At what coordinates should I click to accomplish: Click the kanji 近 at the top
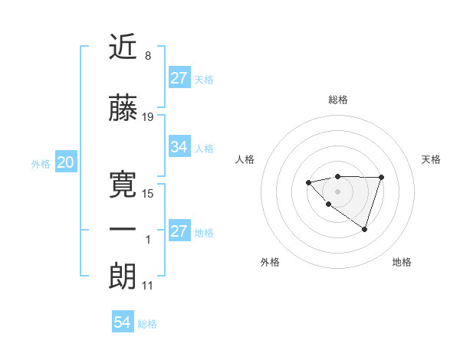[123, 48]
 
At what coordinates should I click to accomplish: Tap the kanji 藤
[123, 109]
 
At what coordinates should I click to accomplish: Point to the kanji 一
[123, 231]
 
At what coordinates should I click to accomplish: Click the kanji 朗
[123, 277]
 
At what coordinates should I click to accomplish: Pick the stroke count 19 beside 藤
[148, 117]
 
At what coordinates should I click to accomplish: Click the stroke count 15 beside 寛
[148, 194]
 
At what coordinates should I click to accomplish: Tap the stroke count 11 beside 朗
[148, 286]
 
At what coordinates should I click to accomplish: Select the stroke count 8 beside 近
[147, 56]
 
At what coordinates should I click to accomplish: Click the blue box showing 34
[179, 147]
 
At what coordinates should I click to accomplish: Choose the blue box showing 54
[122, 323]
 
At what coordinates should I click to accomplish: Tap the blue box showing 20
[65, 162]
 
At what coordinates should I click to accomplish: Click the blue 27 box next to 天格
[179, 78]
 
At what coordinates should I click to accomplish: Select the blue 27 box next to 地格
[179, 231]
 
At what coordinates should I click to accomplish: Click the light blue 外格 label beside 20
[41, 164]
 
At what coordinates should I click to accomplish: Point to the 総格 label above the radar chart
[337, 100]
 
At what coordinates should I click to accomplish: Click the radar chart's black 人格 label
[245, 159]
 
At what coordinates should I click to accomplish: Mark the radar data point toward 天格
[381, 178]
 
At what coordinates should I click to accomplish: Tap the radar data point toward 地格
[365, 229]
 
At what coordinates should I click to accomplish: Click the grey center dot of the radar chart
[337, 191]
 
